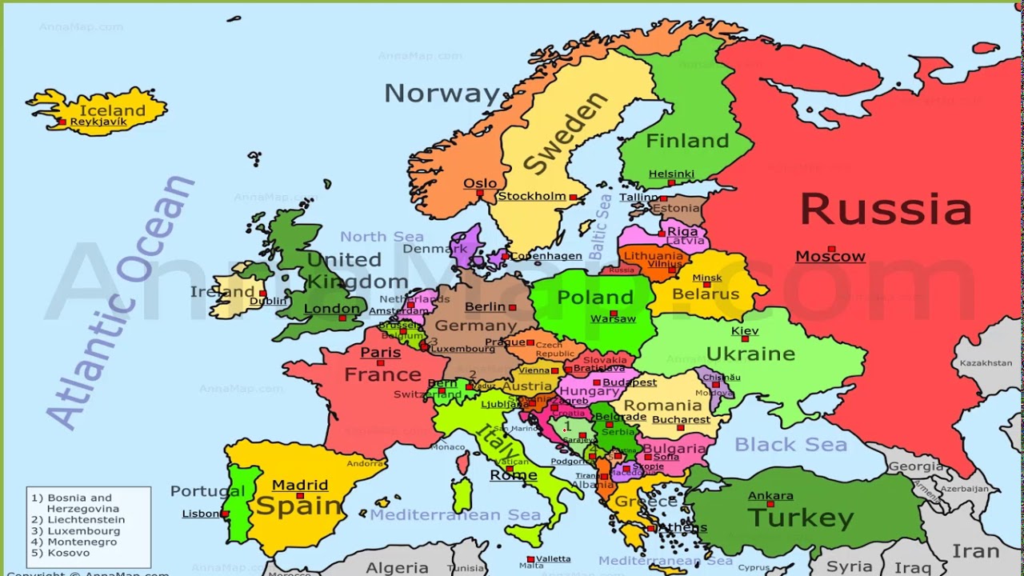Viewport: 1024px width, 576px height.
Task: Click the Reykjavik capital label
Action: [99, 122]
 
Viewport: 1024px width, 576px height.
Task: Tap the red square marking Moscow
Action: [831, 249]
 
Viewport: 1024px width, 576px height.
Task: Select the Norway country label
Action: [442, 94]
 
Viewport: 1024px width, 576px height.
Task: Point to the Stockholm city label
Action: [532, 196]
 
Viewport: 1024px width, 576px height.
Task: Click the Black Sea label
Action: [790, 444]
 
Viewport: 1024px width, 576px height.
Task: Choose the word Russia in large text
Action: [886, 209]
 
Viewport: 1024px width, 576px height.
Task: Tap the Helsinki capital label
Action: [671, 174]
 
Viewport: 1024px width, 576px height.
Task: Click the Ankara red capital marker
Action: [770, 505]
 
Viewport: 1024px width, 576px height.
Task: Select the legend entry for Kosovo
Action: [68, 553]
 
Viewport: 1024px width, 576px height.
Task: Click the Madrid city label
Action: [300, 485]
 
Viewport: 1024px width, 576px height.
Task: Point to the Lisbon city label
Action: [200, 514]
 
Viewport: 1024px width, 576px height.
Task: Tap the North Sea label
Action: [382, 237]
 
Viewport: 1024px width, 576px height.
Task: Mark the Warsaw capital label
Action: [613, 318]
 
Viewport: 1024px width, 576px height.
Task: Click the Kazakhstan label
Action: [986, 363]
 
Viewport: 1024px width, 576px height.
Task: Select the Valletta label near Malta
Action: [554, 558]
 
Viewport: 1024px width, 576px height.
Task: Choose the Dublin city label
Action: [268, 301]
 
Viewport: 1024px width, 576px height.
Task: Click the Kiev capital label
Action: [745, 331]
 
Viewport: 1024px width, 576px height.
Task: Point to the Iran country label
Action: [975, 552]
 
